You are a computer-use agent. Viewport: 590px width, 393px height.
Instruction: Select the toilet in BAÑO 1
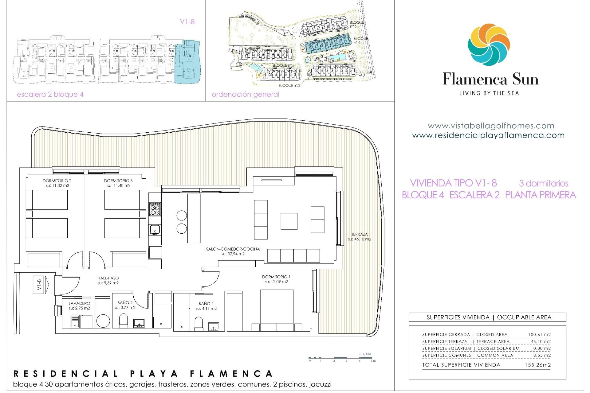coord(199,324)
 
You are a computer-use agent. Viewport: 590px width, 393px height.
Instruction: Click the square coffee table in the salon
coord(289,221)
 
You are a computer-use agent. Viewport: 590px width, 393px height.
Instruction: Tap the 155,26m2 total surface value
coord(537,365)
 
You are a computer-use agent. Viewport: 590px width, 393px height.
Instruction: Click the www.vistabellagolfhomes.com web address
coord(491,126)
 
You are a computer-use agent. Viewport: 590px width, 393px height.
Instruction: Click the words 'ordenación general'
coord(245,95)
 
